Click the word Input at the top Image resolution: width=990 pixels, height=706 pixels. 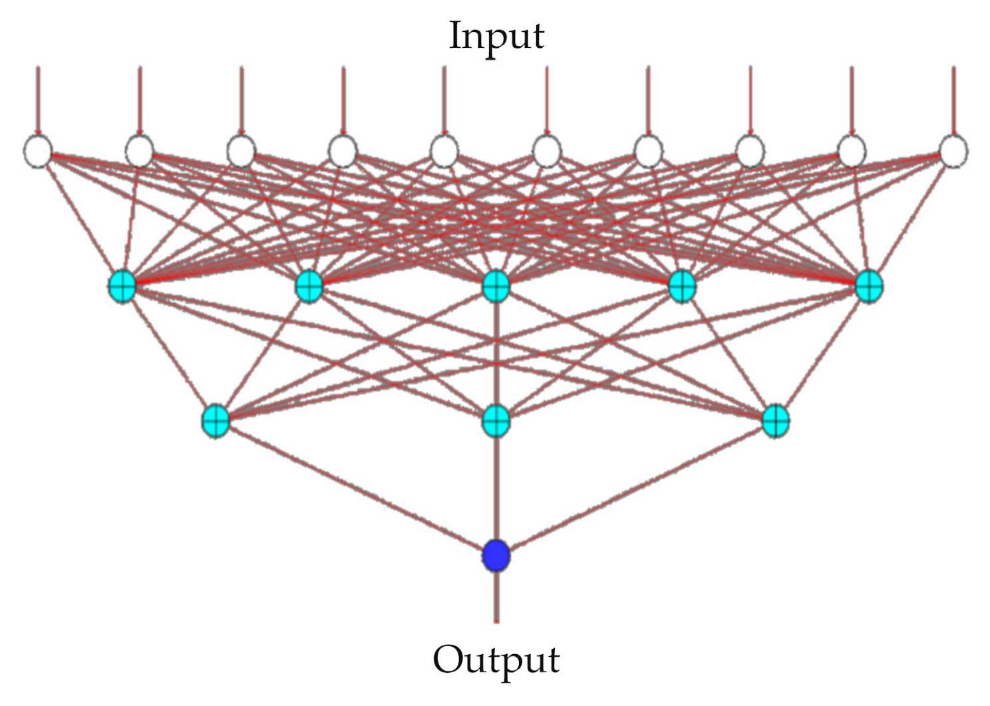(496, 36)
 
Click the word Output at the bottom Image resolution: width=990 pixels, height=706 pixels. (496, 659)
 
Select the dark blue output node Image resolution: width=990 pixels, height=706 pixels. (496, 556)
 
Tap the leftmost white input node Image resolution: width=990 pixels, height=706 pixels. (38, 151)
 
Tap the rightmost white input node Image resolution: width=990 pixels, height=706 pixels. (953, 151)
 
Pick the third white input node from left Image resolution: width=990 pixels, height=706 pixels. (241, 151)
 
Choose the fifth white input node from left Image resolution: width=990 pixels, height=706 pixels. (444, 151)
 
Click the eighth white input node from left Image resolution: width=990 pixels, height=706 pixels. (750, 151)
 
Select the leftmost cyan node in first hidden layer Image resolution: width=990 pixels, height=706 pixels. (122, 287)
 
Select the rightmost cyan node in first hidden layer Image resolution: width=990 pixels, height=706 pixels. (869, 287)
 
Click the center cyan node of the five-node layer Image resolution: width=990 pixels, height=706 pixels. (496, 287)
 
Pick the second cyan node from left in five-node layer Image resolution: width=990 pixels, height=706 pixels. (309, 287)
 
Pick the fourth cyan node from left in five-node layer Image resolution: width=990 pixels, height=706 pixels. (682, 287)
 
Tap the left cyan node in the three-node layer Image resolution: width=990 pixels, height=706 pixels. (216, 420)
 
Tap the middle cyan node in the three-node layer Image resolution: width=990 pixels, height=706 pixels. (496, 420)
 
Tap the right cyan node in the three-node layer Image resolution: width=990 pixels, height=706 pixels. (776, 420)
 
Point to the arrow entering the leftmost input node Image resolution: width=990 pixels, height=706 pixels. (38, 100)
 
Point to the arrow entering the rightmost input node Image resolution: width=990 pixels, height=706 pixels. (953, 100)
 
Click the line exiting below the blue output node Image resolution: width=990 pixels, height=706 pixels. (496, 598)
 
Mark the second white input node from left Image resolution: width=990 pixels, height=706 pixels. (140, 151)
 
